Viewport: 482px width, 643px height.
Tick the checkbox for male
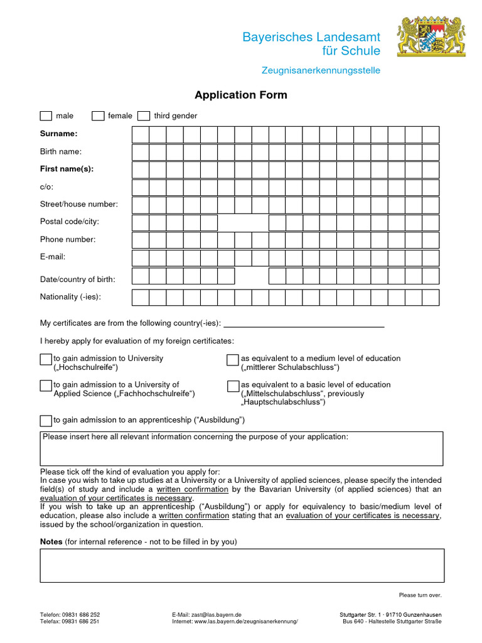point(46,116)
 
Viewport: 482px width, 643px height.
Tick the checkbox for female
point(98,116)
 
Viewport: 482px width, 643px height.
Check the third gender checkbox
point(144,116)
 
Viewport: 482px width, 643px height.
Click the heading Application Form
point(240,95)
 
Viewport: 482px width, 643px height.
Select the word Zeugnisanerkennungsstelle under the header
point(321,70)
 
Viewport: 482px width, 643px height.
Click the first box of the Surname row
point(140,134)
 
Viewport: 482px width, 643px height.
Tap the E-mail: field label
point(53,257)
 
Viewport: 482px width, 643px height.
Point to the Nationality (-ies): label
point(70,296)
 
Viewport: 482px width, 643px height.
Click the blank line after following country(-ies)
point(304,323)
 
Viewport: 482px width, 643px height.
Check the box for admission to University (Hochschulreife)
point(46,359)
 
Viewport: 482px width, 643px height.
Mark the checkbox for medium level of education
point(233,359)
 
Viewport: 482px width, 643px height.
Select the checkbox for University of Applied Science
point(46,386)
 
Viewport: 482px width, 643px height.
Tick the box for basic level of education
point(233,386)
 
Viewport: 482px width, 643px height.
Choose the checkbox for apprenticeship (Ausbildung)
point(46,420)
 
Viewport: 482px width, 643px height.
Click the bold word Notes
point(51,541)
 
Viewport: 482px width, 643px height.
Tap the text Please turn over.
point(420,595)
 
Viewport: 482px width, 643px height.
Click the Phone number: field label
point(68,239)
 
